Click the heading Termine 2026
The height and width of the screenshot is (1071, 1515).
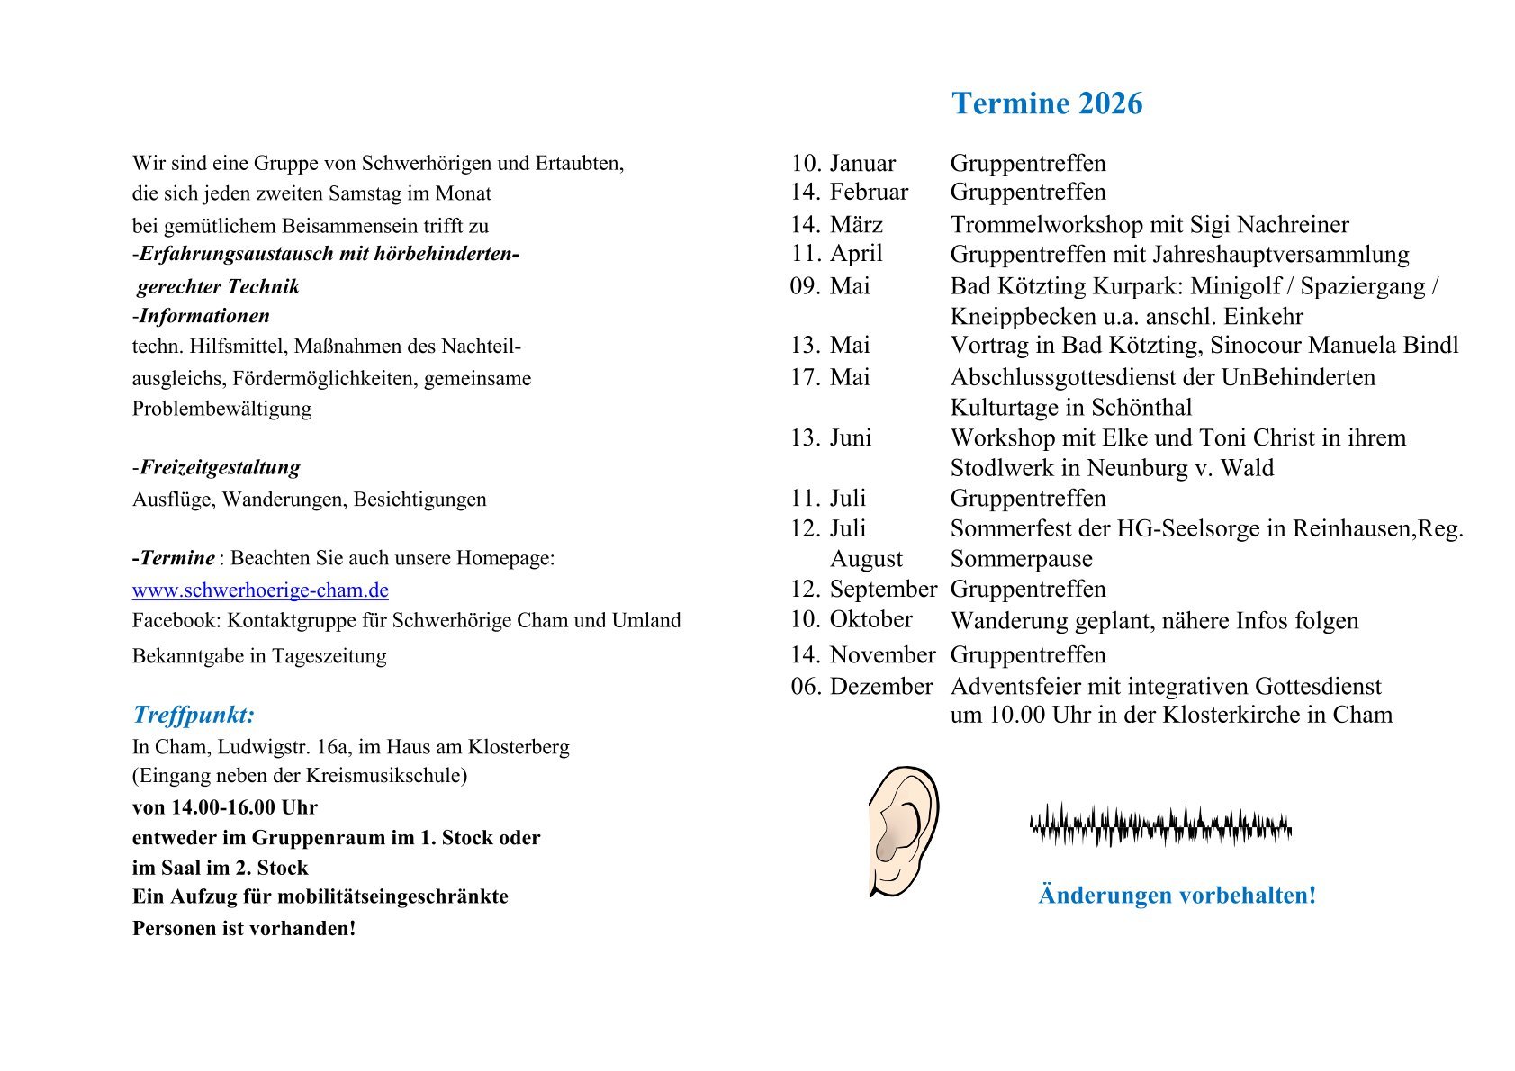(x=1047, y=103)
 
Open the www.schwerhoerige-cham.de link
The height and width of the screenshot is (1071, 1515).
(x=260, y=590)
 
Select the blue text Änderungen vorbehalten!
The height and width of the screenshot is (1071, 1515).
(x=1177, y=895)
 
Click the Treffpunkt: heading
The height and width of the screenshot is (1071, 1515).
(x=194, y=715)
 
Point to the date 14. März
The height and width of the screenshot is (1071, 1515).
(x=836, y=224)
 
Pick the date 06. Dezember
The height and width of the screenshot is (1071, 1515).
(x=861, y=687)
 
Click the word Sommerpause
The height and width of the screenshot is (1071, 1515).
(x=1021, y=559)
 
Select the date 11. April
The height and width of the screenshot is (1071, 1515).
(x=836, y=254)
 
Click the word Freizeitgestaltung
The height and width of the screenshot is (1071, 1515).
(x=220, y=467)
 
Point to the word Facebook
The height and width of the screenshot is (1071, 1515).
(x=175, y=621)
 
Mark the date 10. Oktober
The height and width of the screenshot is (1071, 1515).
(x=852, y=619)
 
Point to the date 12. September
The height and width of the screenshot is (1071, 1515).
(x=863, y=589)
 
